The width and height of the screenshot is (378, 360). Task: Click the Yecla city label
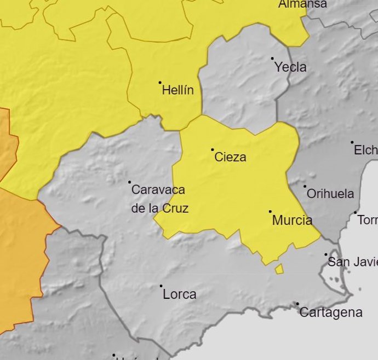(290, 67)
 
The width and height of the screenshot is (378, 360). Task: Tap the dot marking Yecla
(272, 59)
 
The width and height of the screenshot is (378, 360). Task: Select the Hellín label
(177, 90)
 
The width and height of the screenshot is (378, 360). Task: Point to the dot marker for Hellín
(160, 83)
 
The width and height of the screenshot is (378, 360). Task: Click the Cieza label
(230, 158)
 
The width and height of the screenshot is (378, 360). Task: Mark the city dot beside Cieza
(213, 149)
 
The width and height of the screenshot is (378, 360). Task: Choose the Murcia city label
(292, 220)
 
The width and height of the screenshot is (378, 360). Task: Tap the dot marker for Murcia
(270, 211)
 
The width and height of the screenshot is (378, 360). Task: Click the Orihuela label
(330, 194)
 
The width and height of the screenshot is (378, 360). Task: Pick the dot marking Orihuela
(305, 186)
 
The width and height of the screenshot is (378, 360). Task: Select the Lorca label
(179, 294)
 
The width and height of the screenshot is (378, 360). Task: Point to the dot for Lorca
(161, 286)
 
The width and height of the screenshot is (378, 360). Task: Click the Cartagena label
(331, 312)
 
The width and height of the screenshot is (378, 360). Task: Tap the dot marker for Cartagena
(297, 304)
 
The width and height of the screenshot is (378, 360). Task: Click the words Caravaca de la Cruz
(159, 199)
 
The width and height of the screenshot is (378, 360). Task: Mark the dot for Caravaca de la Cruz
(130, 182)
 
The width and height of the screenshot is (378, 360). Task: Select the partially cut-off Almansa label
(302, 4)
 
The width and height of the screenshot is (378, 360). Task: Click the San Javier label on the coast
(352, 262)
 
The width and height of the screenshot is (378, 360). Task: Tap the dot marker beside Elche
(352, 142)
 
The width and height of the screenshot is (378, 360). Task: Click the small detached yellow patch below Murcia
(279, 269)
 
